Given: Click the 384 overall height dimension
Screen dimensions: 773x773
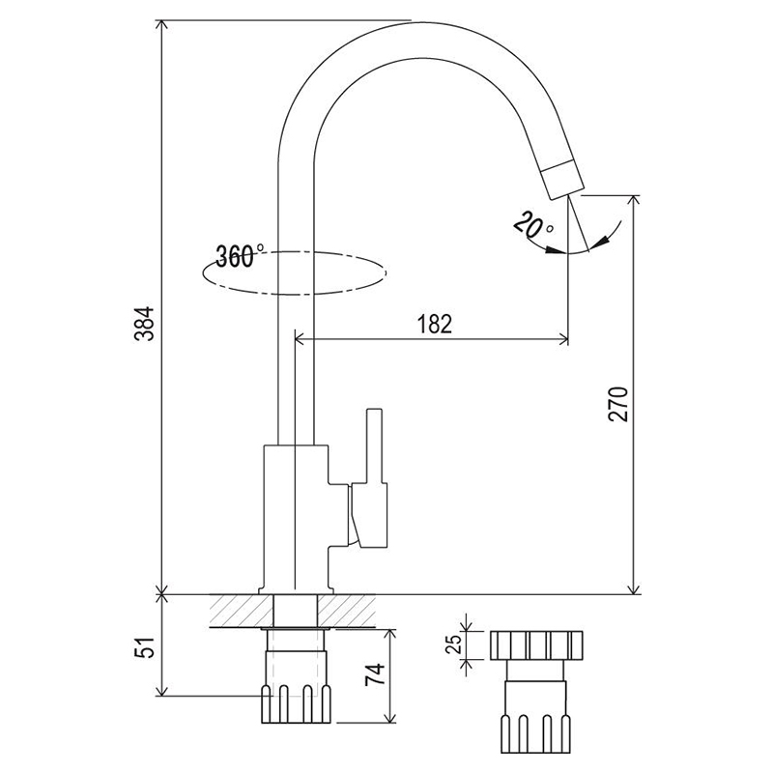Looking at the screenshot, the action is click(145, 324).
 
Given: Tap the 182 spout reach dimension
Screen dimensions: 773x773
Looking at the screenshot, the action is click(434, 324).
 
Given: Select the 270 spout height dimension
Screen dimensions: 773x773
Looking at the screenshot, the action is click(618, 404).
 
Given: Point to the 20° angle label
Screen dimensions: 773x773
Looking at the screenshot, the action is click(532, 223).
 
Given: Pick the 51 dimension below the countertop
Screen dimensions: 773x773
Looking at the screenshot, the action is click(145, 646).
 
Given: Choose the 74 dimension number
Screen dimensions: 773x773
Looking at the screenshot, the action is click(375, 674).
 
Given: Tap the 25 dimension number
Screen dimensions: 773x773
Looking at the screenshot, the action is click(453, 643).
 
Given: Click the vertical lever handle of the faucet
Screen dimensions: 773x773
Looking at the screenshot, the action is click(374, 446).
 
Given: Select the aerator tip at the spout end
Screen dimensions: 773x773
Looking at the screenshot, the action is click(562, 180).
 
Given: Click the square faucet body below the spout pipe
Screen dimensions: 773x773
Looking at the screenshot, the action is click(296, 519).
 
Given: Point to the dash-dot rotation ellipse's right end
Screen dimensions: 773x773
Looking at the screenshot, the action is click(386, 272).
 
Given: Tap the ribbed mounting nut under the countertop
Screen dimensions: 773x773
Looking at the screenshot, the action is click(296, 704).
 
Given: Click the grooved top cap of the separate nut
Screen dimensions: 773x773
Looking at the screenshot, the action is click(536, 645).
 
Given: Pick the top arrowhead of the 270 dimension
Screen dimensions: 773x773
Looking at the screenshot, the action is click(634, 201).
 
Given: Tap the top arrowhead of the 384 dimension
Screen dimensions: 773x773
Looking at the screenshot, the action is click(161, 26).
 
